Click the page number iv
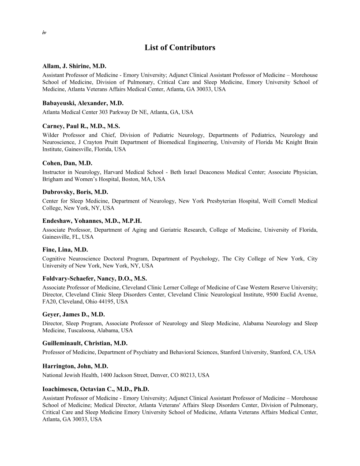tap(44, 33)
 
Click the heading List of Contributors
tap(180, 47)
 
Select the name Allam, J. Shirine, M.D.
tap(75, 66)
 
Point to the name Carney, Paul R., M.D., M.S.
tap(81, 126)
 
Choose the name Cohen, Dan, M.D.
tap(67, 163)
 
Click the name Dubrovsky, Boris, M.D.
tap(75, 192)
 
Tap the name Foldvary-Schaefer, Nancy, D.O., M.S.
tap(94, 278)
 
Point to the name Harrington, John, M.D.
tap(75, 366)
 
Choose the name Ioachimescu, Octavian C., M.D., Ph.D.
tap(96, 389)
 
